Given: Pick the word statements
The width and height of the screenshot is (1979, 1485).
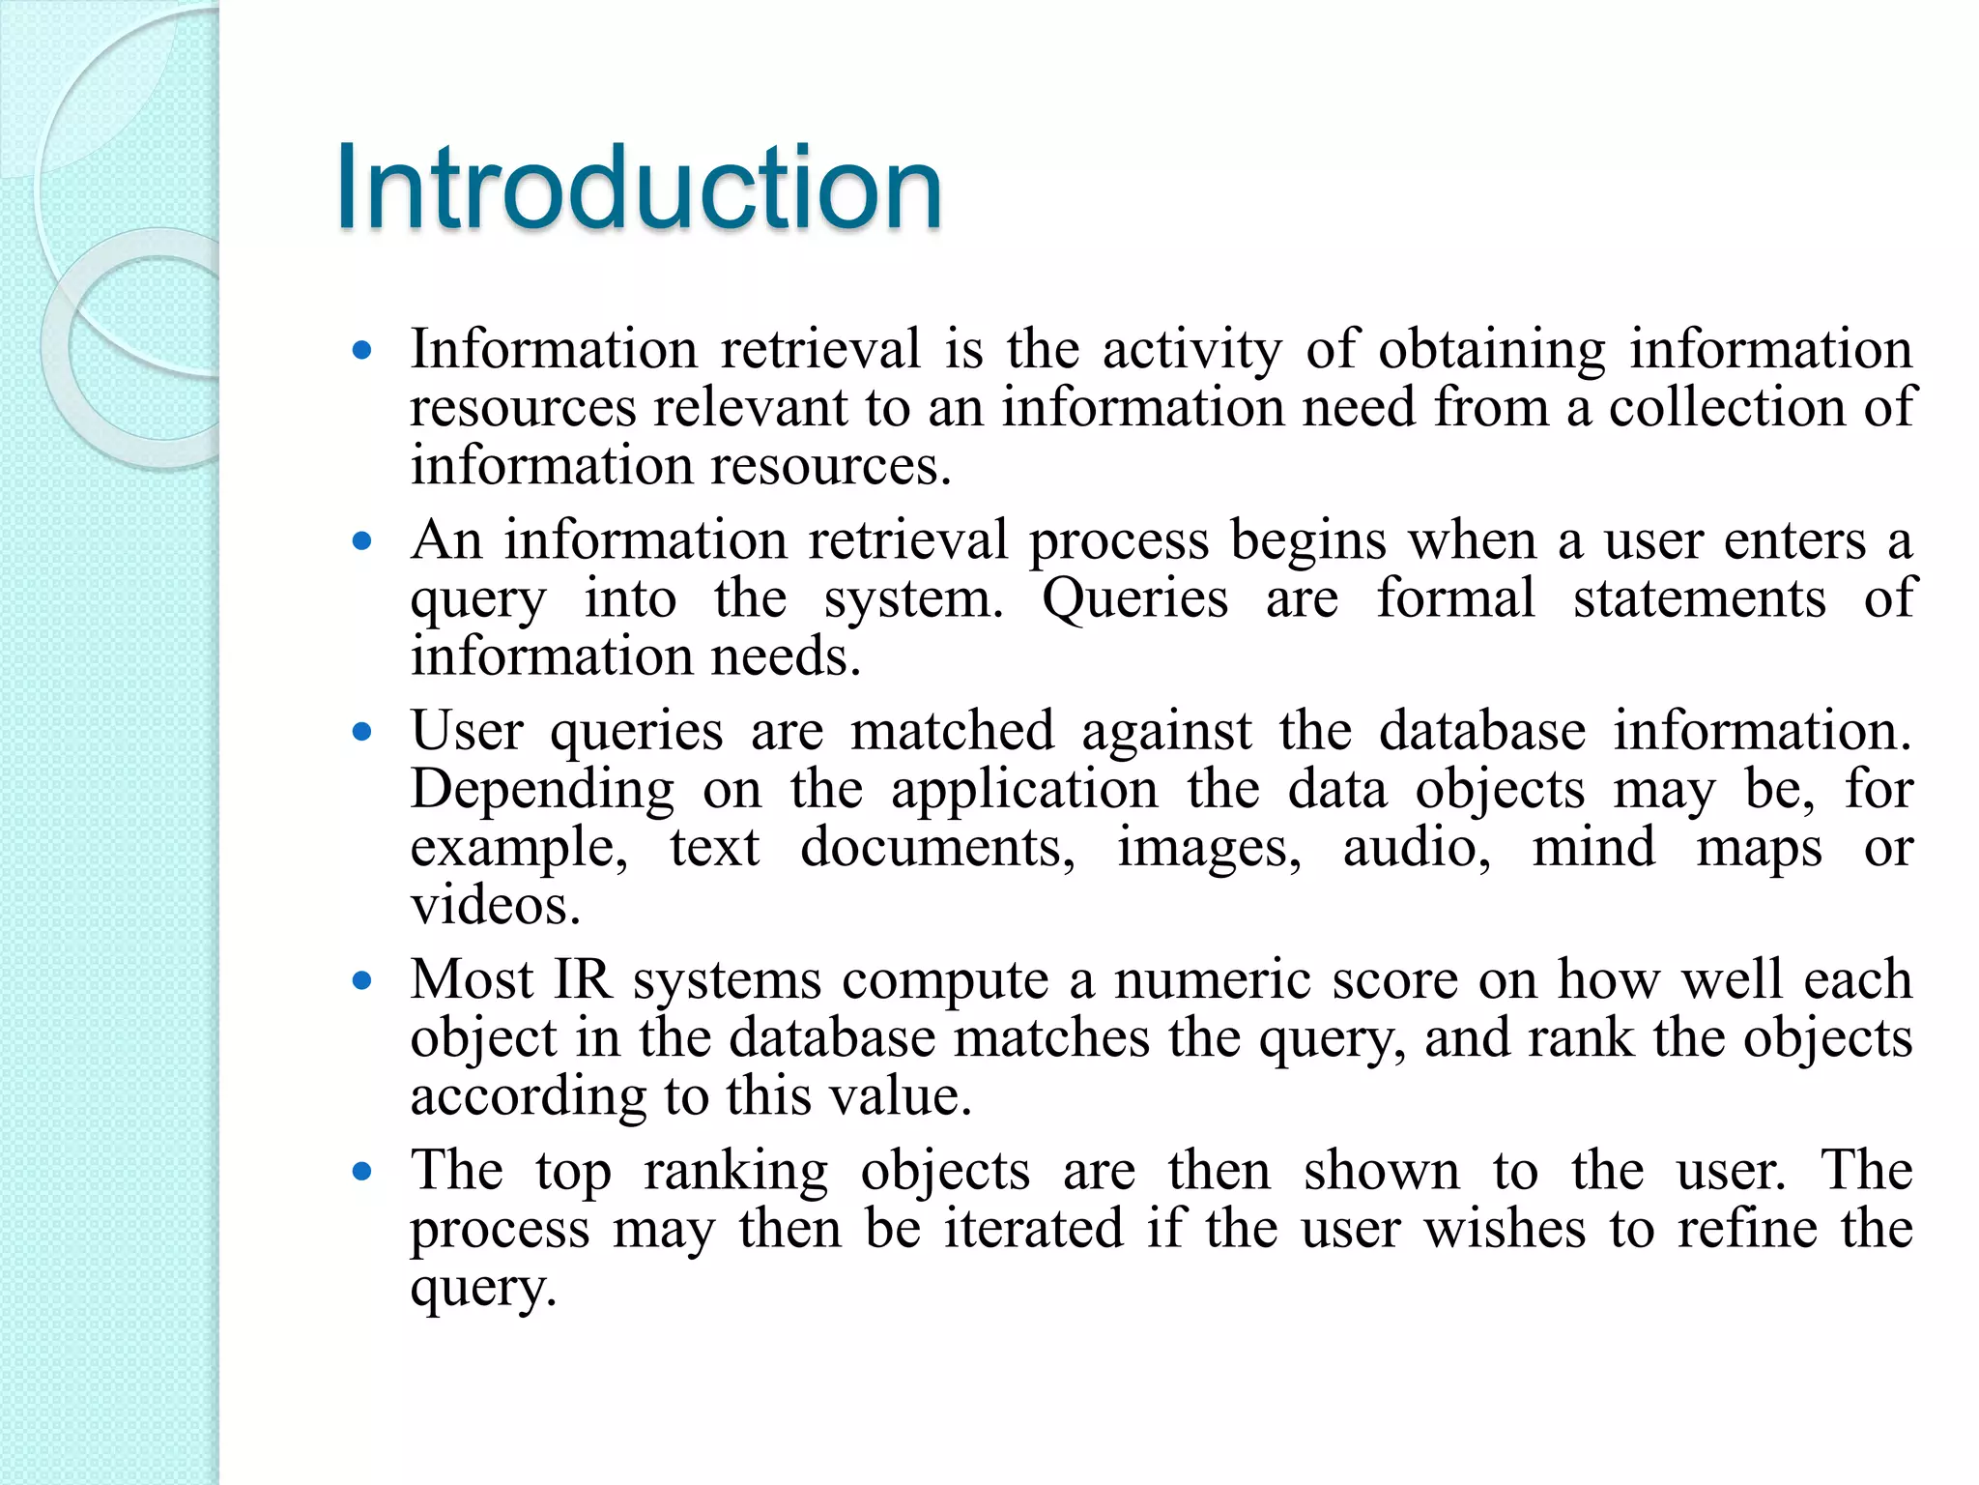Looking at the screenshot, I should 1699,598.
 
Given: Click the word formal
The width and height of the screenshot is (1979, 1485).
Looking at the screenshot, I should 1455,598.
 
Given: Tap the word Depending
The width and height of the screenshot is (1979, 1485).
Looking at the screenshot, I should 542,791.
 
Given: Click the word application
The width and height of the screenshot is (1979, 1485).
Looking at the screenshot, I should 1024,791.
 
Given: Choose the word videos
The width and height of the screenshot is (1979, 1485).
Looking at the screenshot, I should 495,906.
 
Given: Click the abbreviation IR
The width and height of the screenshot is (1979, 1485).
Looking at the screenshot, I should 583,979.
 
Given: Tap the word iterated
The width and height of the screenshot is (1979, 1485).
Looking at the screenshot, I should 1033,1229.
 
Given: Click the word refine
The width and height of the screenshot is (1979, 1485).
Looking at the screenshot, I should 1747,1229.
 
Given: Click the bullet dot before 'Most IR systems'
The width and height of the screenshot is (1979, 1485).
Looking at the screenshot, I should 362,982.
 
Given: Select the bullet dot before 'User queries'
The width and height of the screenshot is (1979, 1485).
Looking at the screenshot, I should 362,733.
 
